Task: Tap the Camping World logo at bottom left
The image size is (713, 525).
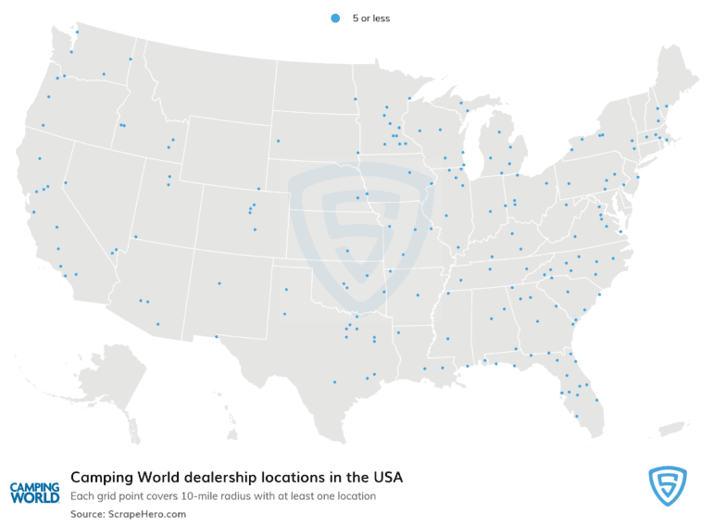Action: point(34,492)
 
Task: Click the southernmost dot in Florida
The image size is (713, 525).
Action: point(577,416)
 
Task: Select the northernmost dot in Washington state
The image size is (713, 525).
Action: point(77,31)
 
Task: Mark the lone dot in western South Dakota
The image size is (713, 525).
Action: point(278,141)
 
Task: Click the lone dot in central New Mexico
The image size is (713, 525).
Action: point(219,283)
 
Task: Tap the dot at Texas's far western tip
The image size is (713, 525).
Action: point(217,337)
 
